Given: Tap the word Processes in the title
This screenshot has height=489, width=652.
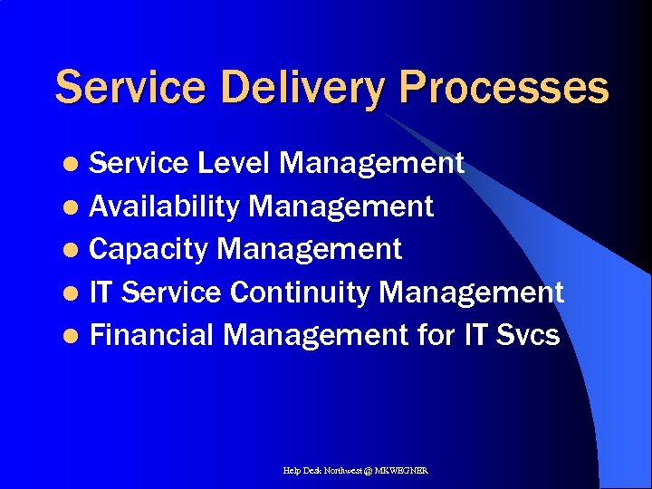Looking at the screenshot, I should pos(503,89).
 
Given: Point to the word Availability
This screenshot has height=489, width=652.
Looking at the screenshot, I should pos(165,206).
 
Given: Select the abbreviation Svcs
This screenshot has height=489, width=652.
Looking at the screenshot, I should pos(528,335).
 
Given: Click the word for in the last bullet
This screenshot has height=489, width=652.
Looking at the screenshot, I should pos(437,335).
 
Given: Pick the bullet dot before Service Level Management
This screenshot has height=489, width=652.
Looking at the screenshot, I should pos(76,165).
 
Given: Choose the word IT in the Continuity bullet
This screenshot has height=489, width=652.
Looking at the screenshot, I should pos(101,292).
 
